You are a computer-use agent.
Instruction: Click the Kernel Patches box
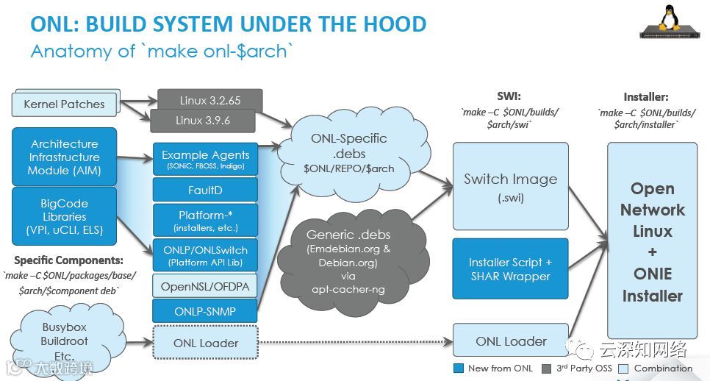(64, 104)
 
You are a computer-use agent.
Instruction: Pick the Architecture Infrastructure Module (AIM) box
(64, 157)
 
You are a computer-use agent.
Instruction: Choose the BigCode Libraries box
(64, 216)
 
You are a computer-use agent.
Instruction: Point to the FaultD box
(206, 190)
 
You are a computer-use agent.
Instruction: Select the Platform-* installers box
(206, 220)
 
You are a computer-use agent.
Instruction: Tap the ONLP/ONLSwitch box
(206, 255)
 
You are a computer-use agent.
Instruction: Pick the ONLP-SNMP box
(206, 311)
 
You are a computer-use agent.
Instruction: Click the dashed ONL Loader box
(206, 343)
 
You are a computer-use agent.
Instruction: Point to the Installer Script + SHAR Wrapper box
(510, 269)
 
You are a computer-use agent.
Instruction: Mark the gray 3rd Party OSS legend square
(546, 368)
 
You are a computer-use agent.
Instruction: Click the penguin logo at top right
(669, 22)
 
